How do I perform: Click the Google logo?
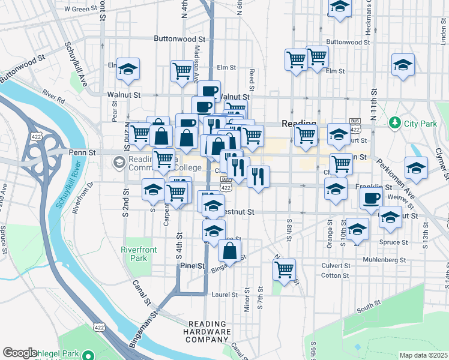click(x=20, y=353)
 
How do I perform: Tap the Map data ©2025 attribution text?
click(x=424, y=355)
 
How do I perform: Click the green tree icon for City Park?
click(x=394, y=123)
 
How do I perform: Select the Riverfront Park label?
click(x=139, y=254)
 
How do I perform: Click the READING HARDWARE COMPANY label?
click(x=209, y=332)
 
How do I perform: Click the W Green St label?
click(x=80, y=9)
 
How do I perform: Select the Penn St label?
click(x=82, y=153)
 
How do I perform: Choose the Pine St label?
click(x=192, y=266)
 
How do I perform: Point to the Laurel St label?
click(x=224, y=295)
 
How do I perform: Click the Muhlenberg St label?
click(x=385, y=260)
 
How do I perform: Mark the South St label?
click(x=365, y=309)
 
